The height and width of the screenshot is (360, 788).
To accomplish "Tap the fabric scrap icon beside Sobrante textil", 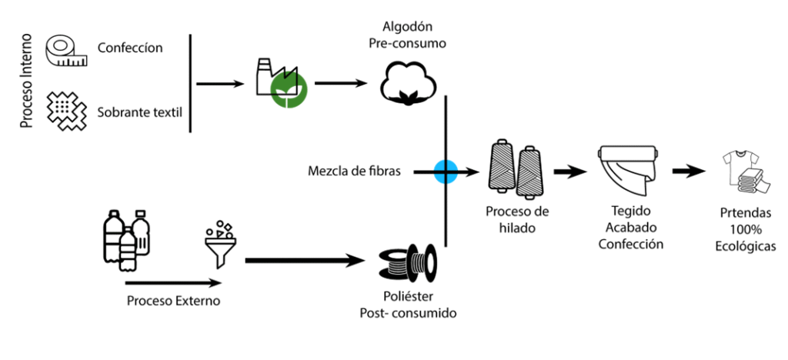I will coord(67,111).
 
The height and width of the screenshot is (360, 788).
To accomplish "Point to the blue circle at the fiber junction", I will coord(446,172).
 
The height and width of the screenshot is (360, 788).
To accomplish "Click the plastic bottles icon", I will coord(126,238).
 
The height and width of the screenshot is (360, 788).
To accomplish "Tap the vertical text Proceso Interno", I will coord(26,80).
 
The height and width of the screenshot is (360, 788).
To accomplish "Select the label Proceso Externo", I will coord(173,301).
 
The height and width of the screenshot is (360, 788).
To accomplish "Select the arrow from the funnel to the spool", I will coord(305,261).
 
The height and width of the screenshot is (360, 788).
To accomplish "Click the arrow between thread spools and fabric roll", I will coord(570,172).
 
